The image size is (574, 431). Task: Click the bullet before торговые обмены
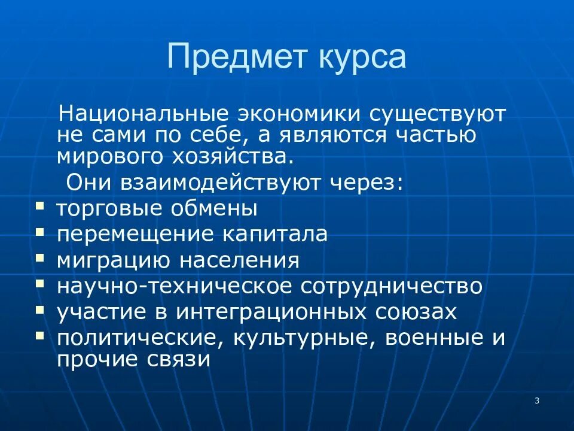tap(39, 205)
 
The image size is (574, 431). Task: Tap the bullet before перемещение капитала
tap(39, 231)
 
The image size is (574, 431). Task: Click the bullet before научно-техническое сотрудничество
tap(39, 283)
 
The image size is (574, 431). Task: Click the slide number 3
tap(537, 400)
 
